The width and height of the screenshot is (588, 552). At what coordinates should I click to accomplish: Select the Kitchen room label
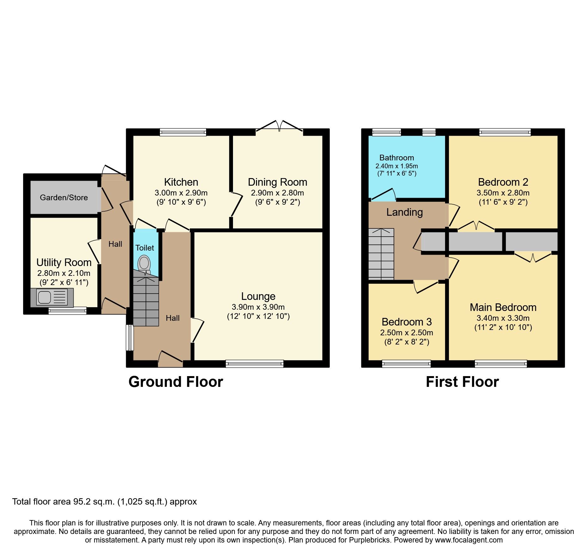(181, 182)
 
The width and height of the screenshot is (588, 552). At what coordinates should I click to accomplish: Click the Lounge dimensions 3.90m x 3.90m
(258, 307)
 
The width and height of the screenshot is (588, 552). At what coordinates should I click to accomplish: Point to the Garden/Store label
(64, 198)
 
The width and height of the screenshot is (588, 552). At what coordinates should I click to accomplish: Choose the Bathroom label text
(396, 158)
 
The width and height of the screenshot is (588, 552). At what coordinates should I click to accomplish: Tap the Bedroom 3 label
(407, 322)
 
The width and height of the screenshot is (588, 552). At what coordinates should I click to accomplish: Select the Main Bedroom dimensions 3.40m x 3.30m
(503, 318)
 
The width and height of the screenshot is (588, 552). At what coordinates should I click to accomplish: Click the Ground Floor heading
(175, 382)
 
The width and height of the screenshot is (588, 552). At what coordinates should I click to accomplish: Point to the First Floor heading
(462, 382)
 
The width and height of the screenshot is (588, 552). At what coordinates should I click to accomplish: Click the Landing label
(404, 212)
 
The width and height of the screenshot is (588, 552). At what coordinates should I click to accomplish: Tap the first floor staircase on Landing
(381, 254)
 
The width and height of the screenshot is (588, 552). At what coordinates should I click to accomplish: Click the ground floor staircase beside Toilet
(146, 301)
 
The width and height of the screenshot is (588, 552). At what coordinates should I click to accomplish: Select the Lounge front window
(254, 364)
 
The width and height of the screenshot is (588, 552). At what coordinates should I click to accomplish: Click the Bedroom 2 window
(505, 132)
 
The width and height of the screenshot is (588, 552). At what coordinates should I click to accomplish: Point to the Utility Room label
(64, 263)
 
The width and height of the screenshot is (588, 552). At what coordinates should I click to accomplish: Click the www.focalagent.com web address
(469, 540)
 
